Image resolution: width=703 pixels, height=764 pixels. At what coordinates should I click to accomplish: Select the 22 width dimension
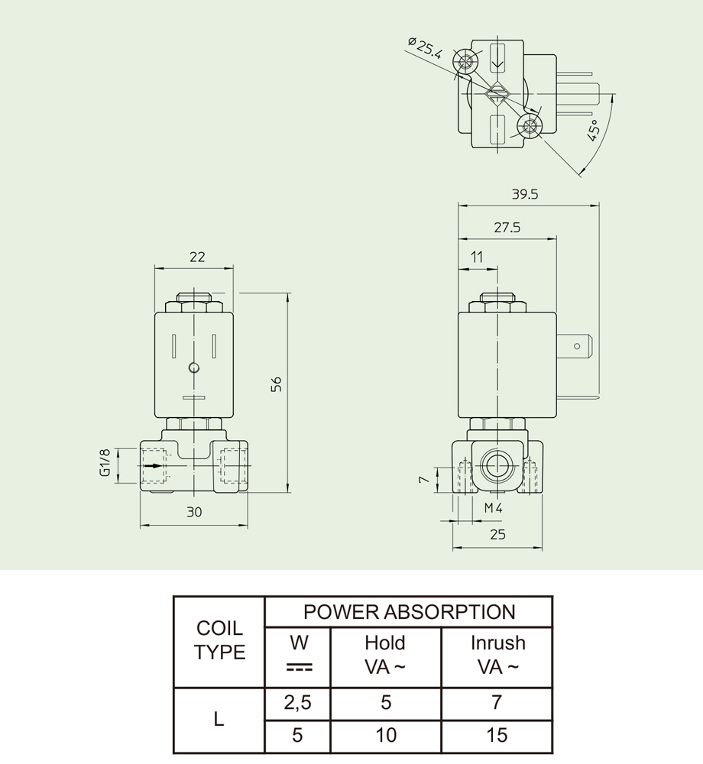(197, 257)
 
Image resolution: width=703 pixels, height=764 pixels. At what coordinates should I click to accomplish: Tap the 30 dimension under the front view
(194, 513)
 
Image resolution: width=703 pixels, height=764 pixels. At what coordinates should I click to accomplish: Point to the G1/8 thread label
(105, 462)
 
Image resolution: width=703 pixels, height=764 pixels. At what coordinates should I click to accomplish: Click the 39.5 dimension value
(525, 195)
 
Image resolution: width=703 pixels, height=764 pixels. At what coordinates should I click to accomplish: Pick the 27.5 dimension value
(507, 228)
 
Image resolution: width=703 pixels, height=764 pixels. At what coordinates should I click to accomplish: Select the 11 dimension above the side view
(478, 257)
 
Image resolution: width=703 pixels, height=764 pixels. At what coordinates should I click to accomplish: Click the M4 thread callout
(492, 507)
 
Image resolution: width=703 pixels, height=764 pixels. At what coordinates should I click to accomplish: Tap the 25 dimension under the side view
(497, 535)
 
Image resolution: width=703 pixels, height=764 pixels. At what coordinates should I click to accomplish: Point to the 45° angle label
(594, 130)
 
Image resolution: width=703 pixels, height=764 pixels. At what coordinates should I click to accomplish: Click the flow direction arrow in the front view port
(154, 465)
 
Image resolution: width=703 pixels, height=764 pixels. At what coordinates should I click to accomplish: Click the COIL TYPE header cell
(219, 640)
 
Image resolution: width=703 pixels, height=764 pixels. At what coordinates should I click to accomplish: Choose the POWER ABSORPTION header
(409, 612)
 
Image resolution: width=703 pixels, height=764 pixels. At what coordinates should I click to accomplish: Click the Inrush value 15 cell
(497, 735)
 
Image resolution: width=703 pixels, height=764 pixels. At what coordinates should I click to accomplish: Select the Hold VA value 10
(386, 735)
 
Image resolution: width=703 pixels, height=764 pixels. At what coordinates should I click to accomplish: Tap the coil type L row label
(219, 719)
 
